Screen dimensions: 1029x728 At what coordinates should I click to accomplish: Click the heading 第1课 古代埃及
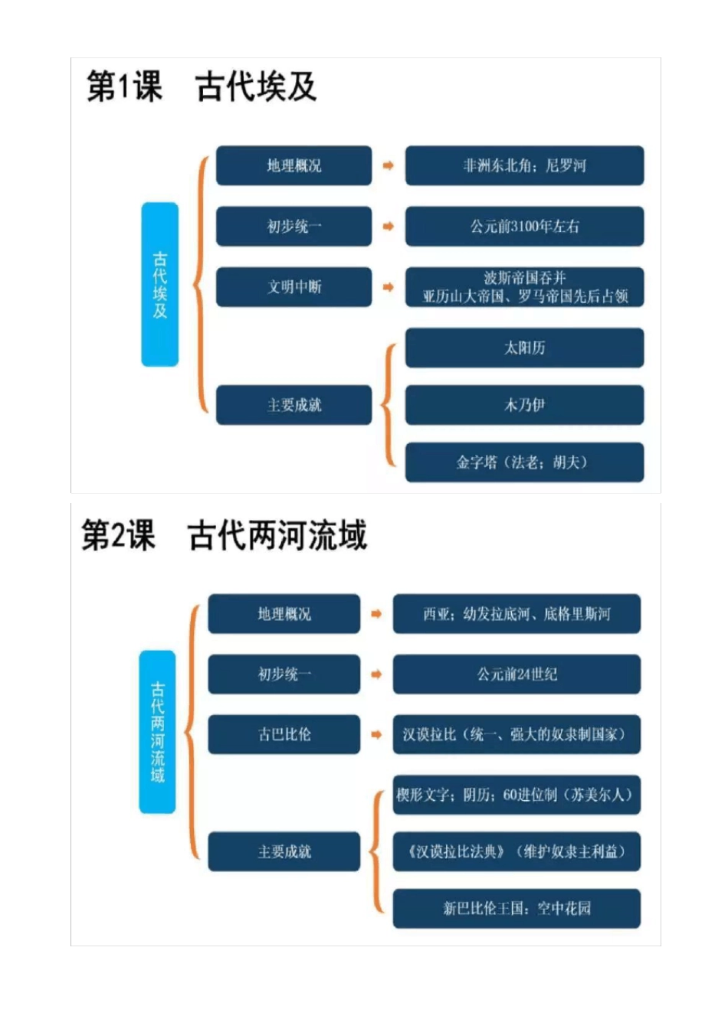pos(202,87)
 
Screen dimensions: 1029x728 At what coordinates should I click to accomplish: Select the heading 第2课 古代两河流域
pos(224,535)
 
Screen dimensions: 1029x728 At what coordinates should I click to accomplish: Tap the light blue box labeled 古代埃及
pos(159,284)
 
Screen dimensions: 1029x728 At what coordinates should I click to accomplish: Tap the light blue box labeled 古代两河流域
pos(157,731)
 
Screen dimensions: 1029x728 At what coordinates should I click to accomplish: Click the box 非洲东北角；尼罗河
pos(524,165)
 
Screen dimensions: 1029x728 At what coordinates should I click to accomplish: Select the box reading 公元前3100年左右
pos(524,226)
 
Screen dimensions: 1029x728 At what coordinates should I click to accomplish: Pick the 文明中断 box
pos(293,287)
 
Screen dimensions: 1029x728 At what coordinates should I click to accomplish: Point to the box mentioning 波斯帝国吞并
pos(524,287)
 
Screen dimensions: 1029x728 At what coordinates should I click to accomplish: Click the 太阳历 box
pos(524,348)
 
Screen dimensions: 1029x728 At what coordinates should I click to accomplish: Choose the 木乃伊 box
pos(524,405)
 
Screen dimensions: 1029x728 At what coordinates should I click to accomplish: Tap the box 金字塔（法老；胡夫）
pos(524,462)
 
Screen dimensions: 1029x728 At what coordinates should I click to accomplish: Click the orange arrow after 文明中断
pos(389,287)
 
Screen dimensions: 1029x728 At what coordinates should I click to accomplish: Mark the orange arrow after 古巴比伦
pos(376,734)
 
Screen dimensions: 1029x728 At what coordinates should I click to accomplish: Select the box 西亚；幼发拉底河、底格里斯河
pos(516,614)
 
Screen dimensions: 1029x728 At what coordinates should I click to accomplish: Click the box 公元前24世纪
pos(516,674)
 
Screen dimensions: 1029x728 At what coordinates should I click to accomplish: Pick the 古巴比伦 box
pos(284,734)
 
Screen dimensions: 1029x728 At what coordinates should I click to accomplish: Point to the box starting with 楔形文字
pos(516,795)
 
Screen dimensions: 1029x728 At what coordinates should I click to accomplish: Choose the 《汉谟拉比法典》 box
pos(516,851)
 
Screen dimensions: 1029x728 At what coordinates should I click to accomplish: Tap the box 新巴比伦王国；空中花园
pos(516,909)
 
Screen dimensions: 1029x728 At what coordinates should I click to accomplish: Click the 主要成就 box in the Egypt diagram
pos(293,405)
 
